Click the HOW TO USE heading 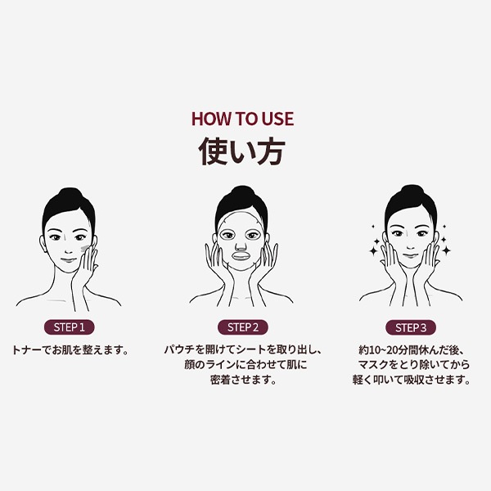point(243,119)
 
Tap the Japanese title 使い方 point(241,151)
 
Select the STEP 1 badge point(70,327)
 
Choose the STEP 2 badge point(243,327)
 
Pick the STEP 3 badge point(411,328)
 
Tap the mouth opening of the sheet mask point(241,256)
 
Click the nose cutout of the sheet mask point(241,245)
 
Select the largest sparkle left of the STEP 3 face point(374,250)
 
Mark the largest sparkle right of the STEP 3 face point(446,250)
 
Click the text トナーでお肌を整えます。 point(70,349)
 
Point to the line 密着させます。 point(243,380)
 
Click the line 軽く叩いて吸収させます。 point(411,380)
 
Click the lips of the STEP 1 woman point(68,260)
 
